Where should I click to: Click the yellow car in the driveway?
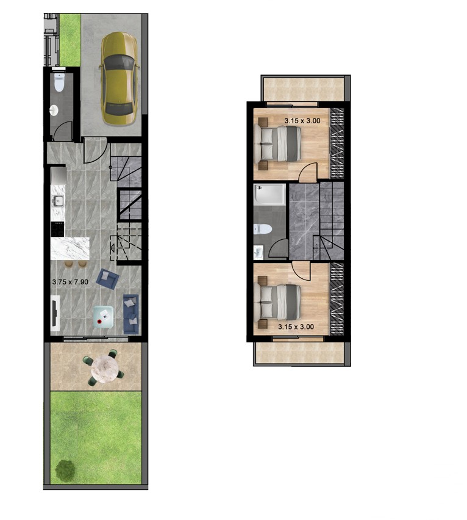(x=119, y=79)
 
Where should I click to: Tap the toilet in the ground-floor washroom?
(x=59, y=83)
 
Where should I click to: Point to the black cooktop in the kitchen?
(x=59, y=229)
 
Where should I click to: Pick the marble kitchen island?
(x=70, y=248)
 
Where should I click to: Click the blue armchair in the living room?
(x=109, y=279)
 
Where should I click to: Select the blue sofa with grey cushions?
(x=130, y=313)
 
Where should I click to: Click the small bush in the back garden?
(x=64, y=470)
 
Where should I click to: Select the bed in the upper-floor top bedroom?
(x=280, y=143)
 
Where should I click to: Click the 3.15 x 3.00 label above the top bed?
(x=302, y=121)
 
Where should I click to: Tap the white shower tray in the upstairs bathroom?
(x=270, y=194)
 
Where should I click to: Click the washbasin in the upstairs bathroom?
(x=258, y=251)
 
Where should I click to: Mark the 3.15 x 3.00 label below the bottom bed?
(x=295, y=327)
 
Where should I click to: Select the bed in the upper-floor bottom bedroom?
(x=280, y=300)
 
